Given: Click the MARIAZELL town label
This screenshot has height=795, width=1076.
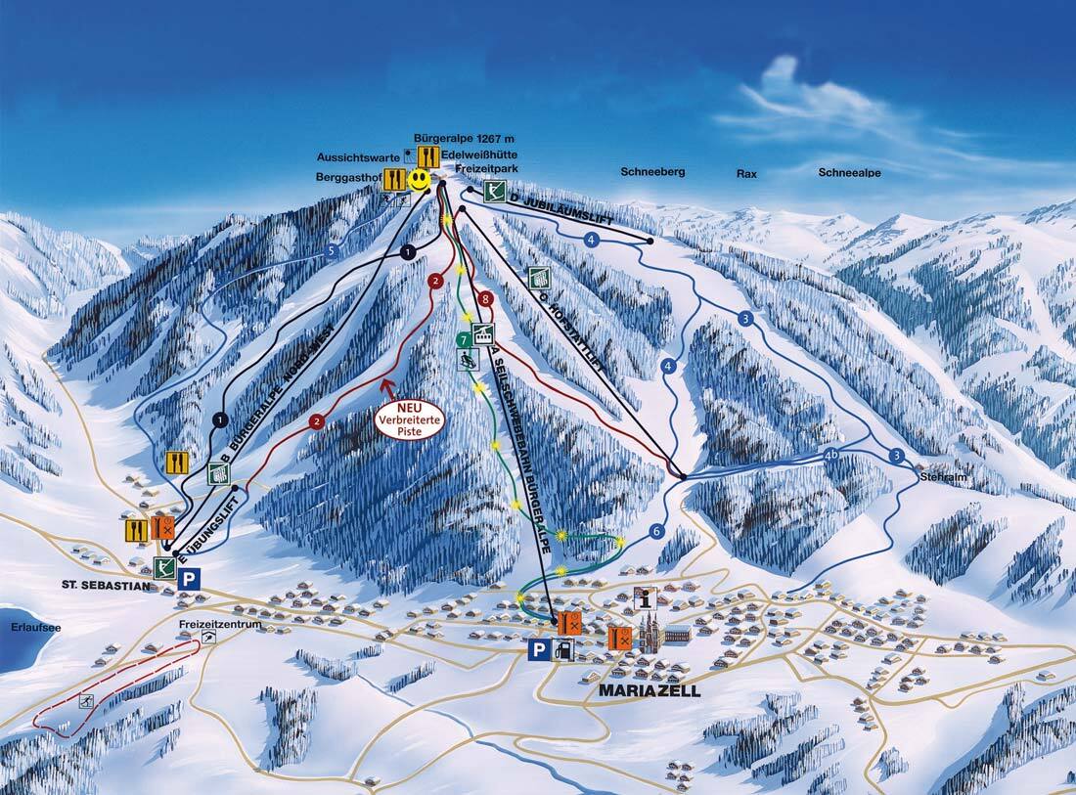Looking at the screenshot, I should click(650, 689).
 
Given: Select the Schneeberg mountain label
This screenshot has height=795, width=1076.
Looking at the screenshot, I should click(652, 172).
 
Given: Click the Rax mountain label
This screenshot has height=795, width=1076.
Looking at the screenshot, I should click(747, 173).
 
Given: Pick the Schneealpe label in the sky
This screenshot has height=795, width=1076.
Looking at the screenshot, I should click(849, 172).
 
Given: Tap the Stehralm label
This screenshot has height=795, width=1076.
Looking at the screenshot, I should click(942, 476).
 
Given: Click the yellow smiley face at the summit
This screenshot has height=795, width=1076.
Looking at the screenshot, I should click(419, 180).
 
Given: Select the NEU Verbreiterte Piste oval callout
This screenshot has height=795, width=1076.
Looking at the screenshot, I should click(410, 420).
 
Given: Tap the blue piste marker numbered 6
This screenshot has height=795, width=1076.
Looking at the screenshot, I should click(655, 531).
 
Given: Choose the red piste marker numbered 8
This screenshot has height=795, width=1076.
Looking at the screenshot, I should click(485, 298).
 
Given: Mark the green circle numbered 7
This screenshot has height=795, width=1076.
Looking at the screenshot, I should click(464, 339).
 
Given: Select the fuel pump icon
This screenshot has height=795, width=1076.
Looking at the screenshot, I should click(562, 648).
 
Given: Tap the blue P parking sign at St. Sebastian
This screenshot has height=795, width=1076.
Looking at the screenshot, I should click(189, 578).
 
